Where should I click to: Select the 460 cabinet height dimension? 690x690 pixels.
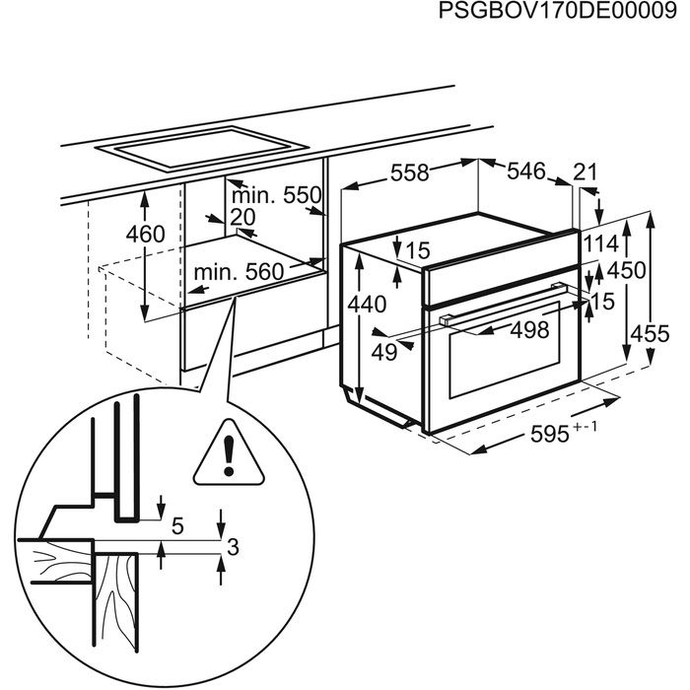point(145,235)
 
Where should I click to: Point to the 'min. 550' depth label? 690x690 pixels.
point(279,194)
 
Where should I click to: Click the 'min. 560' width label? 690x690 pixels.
point(238,271)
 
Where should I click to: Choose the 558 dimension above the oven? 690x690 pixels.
point(409,172)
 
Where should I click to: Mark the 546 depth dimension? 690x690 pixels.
point(525,172)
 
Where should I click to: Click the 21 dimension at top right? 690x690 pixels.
point(586,172)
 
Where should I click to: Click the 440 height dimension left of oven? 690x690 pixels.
point(367,305)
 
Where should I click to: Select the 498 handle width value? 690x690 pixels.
point(528,331)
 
